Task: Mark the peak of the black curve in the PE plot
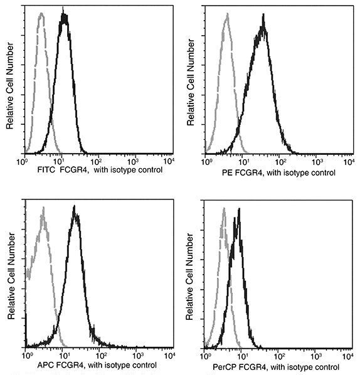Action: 263,16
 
